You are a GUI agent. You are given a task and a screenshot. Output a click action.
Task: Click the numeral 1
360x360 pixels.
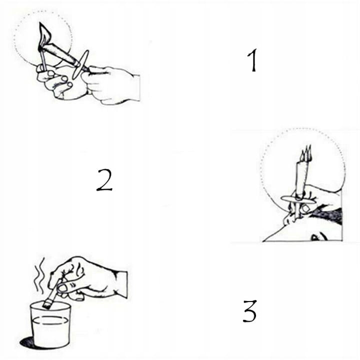(x=252, y=60)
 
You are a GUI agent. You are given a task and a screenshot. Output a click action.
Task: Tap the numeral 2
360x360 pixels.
(x=104, y=180)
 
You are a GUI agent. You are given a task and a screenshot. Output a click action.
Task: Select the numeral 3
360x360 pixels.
(x=249, y=311)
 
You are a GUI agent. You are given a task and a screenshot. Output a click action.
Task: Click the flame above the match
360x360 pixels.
(x=45, y=34)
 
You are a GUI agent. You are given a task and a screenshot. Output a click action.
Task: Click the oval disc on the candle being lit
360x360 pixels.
(x=80, y=64)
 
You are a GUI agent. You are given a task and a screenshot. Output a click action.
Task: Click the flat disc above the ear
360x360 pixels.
(x=298, y=199)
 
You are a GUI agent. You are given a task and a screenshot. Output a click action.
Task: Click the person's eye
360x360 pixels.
(x=319, y=237)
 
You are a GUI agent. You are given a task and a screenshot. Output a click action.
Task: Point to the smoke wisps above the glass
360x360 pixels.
(x=39, y=275)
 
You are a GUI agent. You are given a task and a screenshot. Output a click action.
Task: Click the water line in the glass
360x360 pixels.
(x=50, y=320)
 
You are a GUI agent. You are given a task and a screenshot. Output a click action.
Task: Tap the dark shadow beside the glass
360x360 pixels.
(x=26, y=342)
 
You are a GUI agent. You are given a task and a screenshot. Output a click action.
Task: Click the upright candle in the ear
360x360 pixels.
(x=301, y=186)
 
